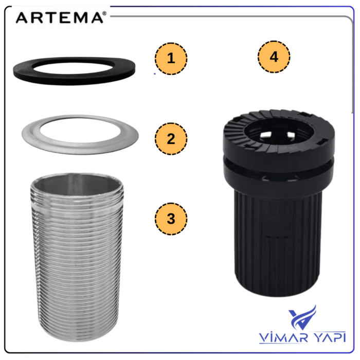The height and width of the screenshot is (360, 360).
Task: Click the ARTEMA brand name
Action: [x=60, y=17]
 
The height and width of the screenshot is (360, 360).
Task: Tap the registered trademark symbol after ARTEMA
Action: [x=105, y=13]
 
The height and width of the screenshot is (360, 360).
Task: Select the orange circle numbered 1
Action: [x=171, y=59]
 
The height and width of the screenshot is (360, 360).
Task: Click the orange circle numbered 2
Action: [x=171, y=139]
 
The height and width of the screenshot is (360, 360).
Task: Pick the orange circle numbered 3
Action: [x=171, y=219]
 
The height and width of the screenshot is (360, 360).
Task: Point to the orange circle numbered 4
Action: [x=274, y=57]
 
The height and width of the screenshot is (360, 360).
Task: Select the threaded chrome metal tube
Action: [x=77, y=257]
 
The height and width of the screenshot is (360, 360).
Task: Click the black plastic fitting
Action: [x=278, y=203]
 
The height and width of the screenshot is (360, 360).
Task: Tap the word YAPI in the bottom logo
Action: [x=330, y=337]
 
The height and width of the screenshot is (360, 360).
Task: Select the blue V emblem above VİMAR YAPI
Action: [x=302, y=317]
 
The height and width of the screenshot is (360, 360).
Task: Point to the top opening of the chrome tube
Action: [x=77, y=184]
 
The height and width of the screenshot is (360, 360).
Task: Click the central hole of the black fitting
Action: [x=279, y=131]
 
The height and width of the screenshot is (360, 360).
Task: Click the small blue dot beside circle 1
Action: [x=155, y=74]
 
